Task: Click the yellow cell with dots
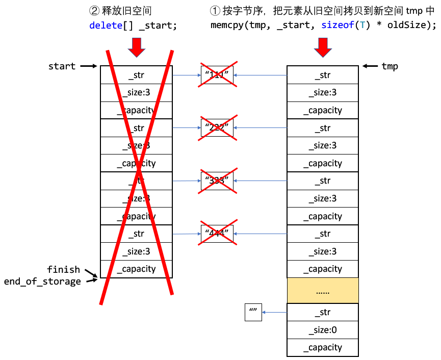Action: (x=323, y=291)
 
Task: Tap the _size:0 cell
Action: (x=323, y=330)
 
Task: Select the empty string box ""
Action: (x=253, y=312)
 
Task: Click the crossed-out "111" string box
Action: (x=217, y=75)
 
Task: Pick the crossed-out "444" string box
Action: (x=217, y=234)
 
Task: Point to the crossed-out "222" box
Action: (x=217, y=128)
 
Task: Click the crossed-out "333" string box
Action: (x=217, y=181)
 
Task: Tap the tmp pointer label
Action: (x=390, y=66)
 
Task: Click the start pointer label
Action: (x=62, y=66)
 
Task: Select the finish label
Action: (x=63, y=269)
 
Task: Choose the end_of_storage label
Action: (x=42, y=281)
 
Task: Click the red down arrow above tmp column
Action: (x=323, y=47)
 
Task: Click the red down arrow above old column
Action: (x=136, y=47)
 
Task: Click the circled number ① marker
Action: (x=215, y=11)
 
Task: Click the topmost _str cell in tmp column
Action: (x=323, y=75)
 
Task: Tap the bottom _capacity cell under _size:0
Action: (x=323, y=347)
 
